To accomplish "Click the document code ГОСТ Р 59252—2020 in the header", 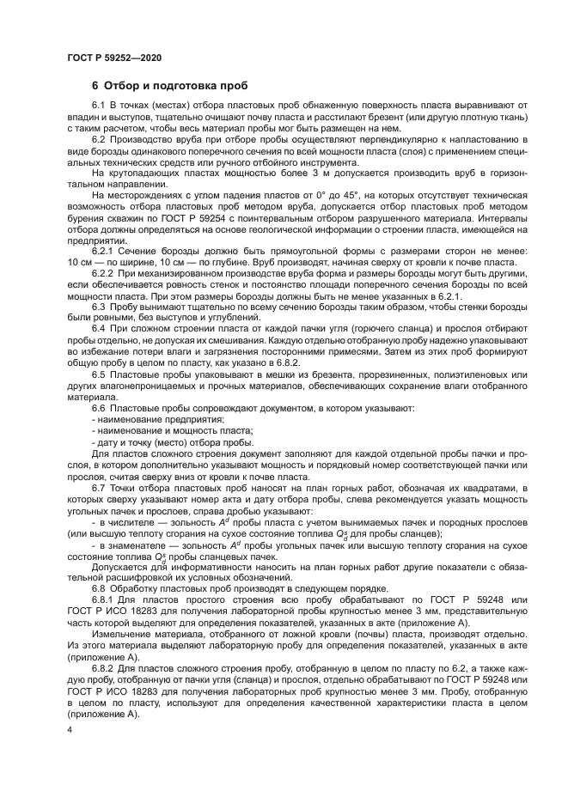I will pyautogui.click(x=114, y=57).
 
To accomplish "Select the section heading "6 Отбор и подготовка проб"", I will pyautogui.click(x=169, y=86).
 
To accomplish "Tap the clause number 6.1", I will pyautogui.click(x=98, y=106).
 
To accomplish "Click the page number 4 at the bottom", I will pyautogui.click(x=70, y=730).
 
